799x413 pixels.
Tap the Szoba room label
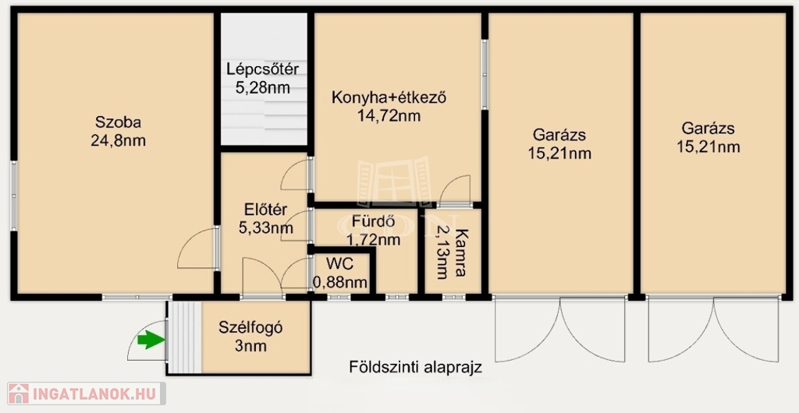119,122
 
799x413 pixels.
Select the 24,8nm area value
119,140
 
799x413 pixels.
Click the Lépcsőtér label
263,69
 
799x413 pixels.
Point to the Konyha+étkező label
389,97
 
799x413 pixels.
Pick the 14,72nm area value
389,116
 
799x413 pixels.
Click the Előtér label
265,209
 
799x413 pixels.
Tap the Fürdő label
374,222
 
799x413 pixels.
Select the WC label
340,263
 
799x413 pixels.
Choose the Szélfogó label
250,328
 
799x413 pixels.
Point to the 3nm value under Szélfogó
250,347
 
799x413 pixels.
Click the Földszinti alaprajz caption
415,367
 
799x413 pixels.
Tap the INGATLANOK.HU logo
87,394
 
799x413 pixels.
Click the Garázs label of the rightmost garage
708,128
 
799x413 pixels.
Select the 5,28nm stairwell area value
263,87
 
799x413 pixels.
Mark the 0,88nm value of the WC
340,282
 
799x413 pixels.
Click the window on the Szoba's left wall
14,196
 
